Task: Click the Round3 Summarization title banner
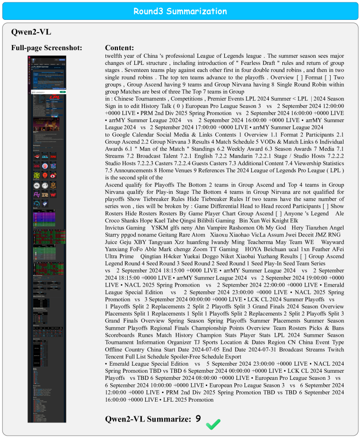[180, 11]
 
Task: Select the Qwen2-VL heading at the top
[31, 32]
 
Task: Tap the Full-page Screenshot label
[47, 48]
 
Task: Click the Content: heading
[119, 48]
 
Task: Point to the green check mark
[213, 424]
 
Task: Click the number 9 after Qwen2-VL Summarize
[198, 418]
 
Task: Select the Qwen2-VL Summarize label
[148, 419]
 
